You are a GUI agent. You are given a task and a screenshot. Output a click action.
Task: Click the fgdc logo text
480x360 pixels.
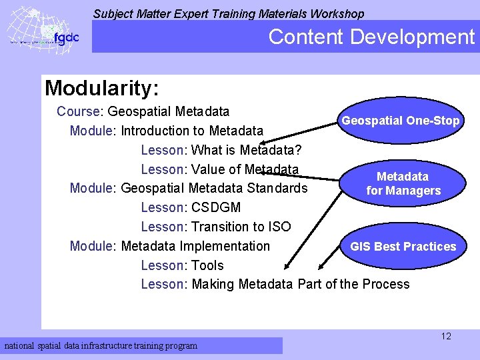coord(67,37)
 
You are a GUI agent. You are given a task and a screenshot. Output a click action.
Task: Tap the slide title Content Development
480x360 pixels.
coord(371,37)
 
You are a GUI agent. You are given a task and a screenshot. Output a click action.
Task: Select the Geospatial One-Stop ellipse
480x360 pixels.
coord(400,121)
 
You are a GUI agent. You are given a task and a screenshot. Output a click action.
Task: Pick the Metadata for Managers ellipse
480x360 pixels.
coord(403,183)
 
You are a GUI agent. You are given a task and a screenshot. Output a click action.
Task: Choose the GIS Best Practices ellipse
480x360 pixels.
coord(403,247)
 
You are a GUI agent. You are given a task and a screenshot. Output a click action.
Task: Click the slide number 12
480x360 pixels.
coord(446,336)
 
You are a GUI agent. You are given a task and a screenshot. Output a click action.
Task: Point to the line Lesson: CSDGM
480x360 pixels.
coord(191,207)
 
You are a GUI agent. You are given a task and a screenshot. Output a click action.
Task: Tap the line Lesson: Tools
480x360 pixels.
coord(182,265)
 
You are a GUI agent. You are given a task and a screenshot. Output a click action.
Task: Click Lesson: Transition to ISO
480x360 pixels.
coord(216,227)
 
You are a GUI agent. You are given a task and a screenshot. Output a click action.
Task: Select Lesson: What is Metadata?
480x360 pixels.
coord(221,149)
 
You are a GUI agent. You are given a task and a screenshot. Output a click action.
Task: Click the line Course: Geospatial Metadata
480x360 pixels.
coord(143,111)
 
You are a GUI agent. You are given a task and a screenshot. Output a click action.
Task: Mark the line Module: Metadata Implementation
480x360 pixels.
coord(170,246)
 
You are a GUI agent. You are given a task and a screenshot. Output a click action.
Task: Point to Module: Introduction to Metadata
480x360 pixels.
coord(167,131)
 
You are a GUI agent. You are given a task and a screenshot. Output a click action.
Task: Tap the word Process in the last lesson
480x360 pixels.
coord(385,284)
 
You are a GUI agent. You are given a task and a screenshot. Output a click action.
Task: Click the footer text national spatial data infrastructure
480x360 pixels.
coord(101,345)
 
